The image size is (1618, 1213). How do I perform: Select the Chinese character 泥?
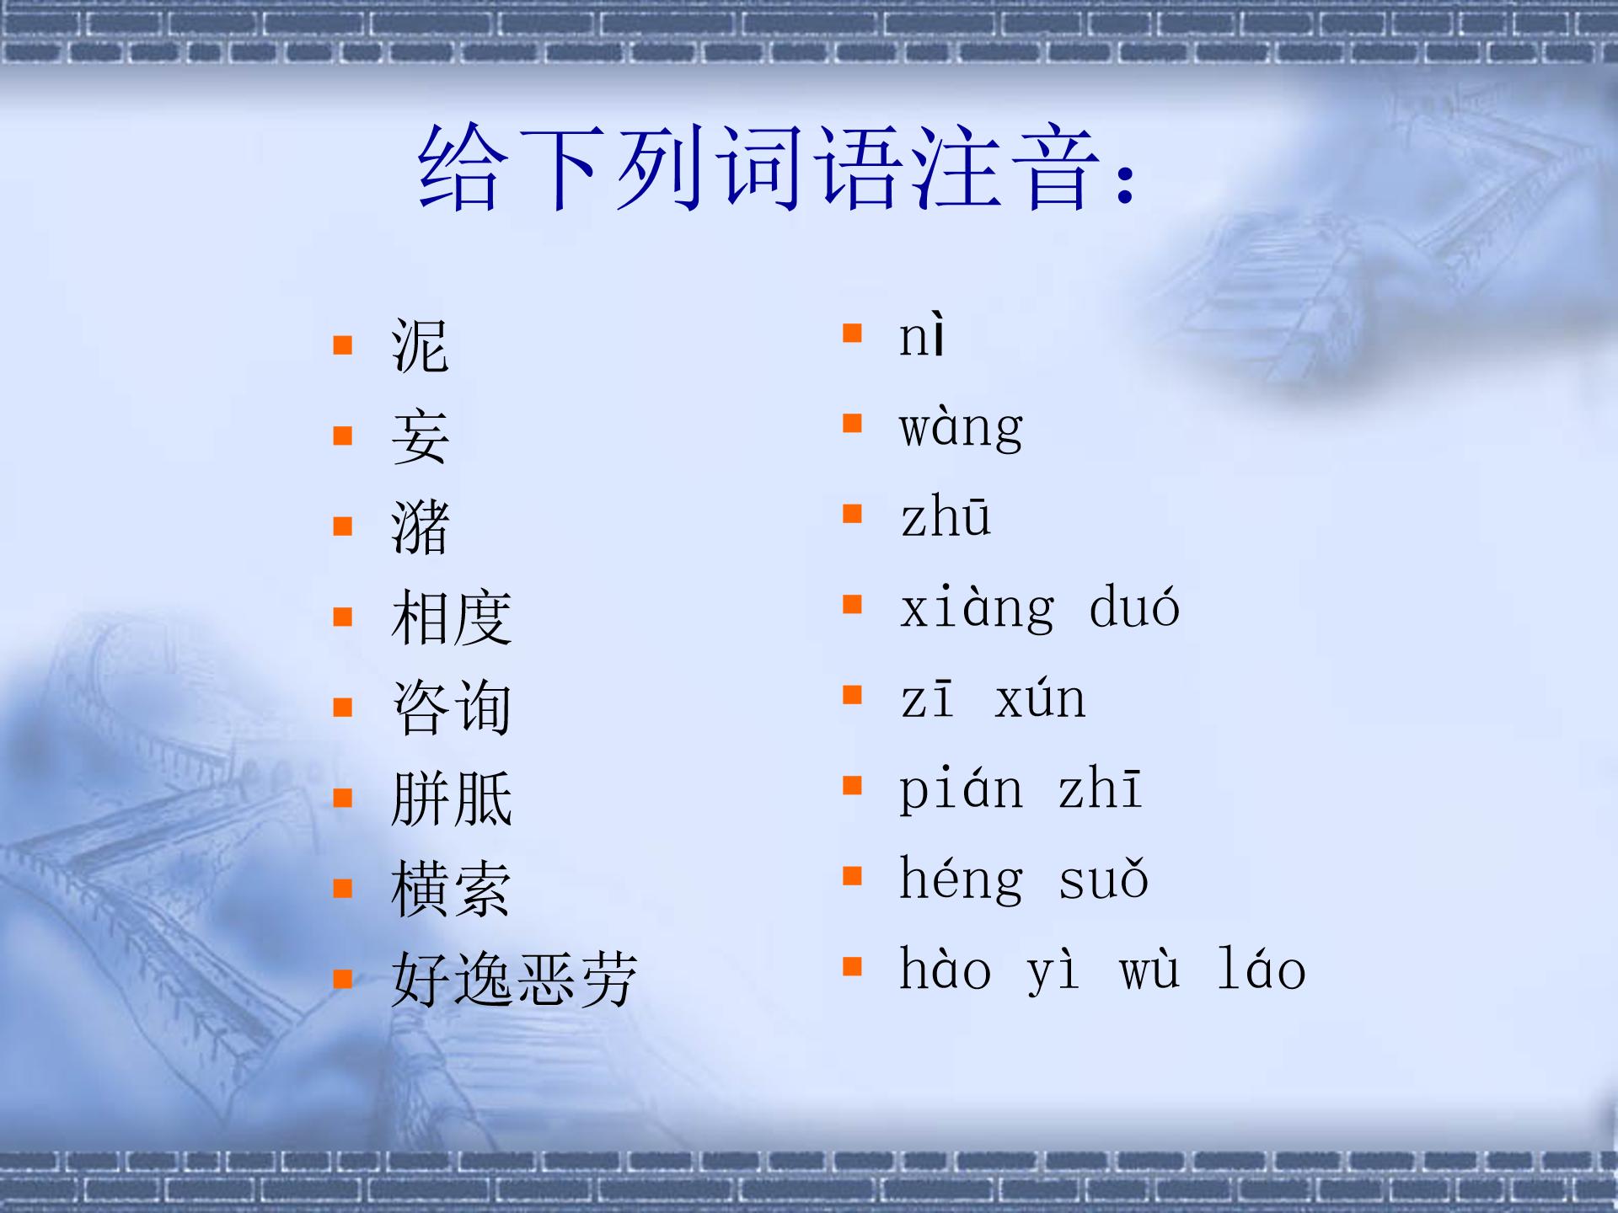pos(421,346)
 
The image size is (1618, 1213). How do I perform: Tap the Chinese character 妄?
pos(421,436)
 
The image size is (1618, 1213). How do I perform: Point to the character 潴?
pos(421,527)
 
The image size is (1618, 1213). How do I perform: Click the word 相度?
pos(452,617)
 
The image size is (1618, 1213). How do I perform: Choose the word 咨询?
pos(452,708)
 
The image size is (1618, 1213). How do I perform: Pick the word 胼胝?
pos(452,799)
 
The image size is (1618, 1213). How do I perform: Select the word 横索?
pos(452,889)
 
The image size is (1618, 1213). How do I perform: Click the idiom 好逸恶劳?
pos(514,980)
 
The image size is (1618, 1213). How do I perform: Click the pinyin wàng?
pos(962,427)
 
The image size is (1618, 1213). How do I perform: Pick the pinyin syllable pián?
pos(962,790)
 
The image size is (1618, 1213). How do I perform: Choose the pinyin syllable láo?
pos(1262,968)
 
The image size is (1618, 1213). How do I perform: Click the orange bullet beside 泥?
pos(342,345)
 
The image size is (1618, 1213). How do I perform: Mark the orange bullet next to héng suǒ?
pos(852,877)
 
